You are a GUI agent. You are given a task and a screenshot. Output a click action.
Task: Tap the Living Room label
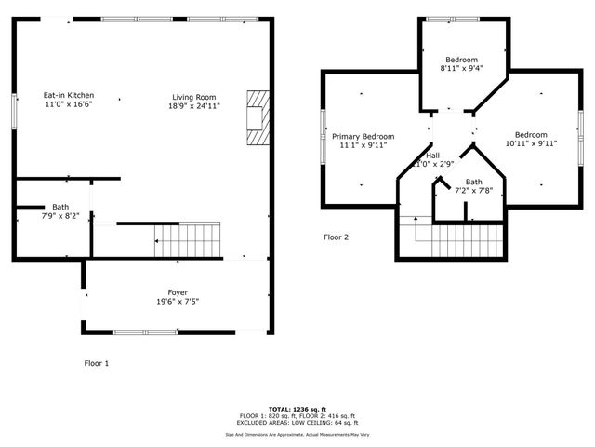pos(193,97)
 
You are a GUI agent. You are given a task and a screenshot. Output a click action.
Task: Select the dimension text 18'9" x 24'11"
pos(193,106)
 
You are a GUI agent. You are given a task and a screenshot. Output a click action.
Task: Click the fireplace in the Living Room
pos(257,118)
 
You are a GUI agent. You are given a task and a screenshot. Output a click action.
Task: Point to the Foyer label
pos(178,291)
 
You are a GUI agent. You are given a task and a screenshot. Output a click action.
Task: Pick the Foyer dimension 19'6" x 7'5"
pos(178,301)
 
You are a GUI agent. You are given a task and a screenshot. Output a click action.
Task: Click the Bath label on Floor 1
pos(60,207)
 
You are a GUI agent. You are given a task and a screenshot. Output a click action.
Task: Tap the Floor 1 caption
pos(96,363)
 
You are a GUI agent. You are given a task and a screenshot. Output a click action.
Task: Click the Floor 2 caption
pos(336,237)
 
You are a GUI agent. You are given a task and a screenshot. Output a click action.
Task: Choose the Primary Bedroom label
pos(363,136)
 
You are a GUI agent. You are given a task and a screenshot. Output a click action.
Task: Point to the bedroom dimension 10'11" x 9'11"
pos(531,143)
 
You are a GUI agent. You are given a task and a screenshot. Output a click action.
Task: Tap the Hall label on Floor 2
pos(432,155)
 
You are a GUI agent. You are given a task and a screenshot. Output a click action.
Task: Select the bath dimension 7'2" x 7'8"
pos(473,191)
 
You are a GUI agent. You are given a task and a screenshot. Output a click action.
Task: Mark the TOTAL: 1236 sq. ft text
pos(297,409)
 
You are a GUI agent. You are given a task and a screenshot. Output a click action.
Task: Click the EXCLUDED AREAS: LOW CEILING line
pos(297,423)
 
